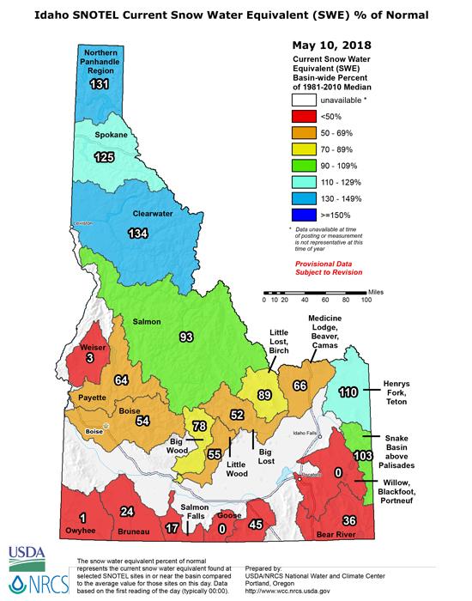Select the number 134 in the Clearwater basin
tap(136, 234)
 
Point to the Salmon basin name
tap(146, 321)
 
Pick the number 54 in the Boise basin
tap(143, 420)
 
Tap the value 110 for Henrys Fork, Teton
tap(347, 392)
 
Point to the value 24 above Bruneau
tap(127, 513)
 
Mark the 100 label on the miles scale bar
tap(366, 300)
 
